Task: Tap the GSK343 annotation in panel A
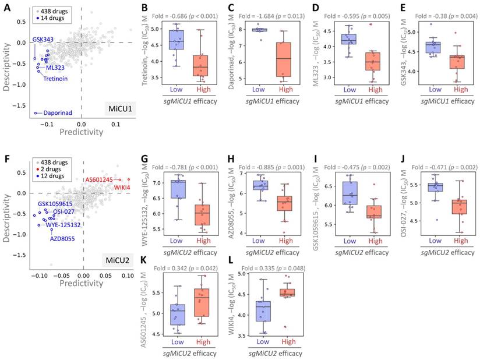point(43,39)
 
